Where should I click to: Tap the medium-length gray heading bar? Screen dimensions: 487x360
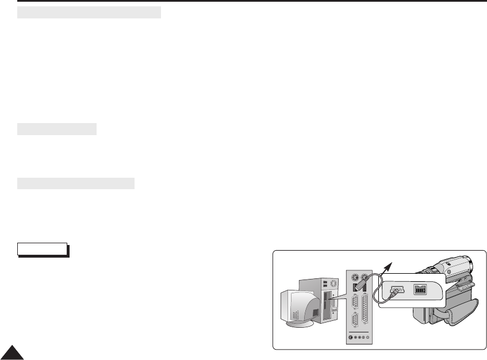(x=76, y=183)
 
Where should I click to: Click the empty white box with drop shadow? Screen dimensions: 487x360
(x=42, y=248)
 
